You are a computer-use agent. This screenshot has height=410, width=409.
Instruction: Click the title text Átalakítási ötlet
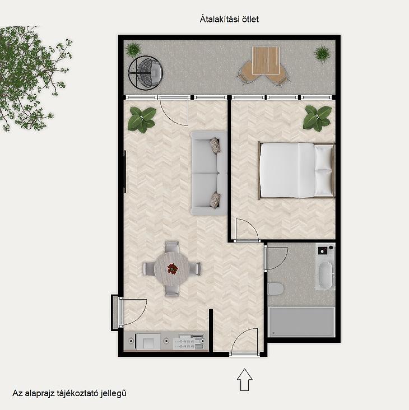point(229,20)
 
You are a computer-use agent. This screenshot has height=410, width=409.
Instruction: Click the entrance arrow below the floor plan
point(245,380)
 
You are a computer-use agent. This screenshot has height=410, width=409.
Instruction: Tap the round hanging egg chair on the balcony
point(146,73)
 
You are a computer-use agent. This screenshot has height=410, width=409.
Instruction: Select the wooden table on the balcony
point(266,60)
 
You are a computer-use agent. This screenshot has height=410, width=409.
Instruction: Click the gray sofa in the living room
point(208,173)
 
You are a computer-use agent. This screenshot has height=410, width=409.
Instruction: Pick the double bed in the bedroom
point(296,170)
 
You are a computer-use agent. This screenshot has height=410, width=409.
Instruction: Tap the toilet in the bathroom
point(276,289)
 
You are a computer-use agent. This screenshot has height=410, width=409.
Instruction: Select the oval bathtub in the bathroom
point(326,275)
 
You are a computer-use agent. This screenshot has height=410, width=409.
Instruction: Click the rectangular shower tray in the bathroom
point(302,322)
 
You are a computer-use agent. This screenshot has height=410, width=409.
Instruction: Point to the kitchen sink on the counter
point(148,342)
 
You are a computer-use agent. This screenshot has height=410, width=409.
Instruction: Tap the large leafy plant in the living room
point(142,120)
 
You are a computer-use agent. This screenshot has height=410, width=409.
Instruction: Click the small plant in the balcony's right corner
point(322,53)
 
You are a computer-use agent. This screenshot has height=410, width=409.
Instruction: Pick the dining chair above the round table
point(172,246)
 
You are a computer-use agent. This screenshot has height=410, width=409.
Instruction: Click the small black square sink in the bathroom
point(322,250)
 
